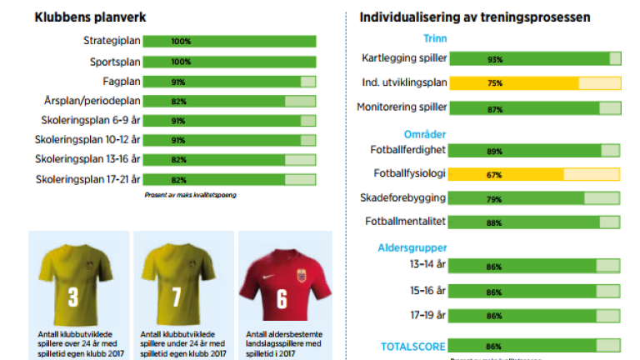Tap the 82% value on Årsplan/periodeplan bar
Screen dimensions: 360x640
[x=178, y=102]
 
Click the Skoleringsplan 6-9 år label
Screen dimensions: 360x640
[x=88, y=121]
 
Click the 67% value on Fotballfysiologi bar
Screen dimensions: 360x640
[x=471, y=175]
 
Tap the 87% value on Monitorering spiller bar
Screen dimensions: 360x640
[x=471, y=108]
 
